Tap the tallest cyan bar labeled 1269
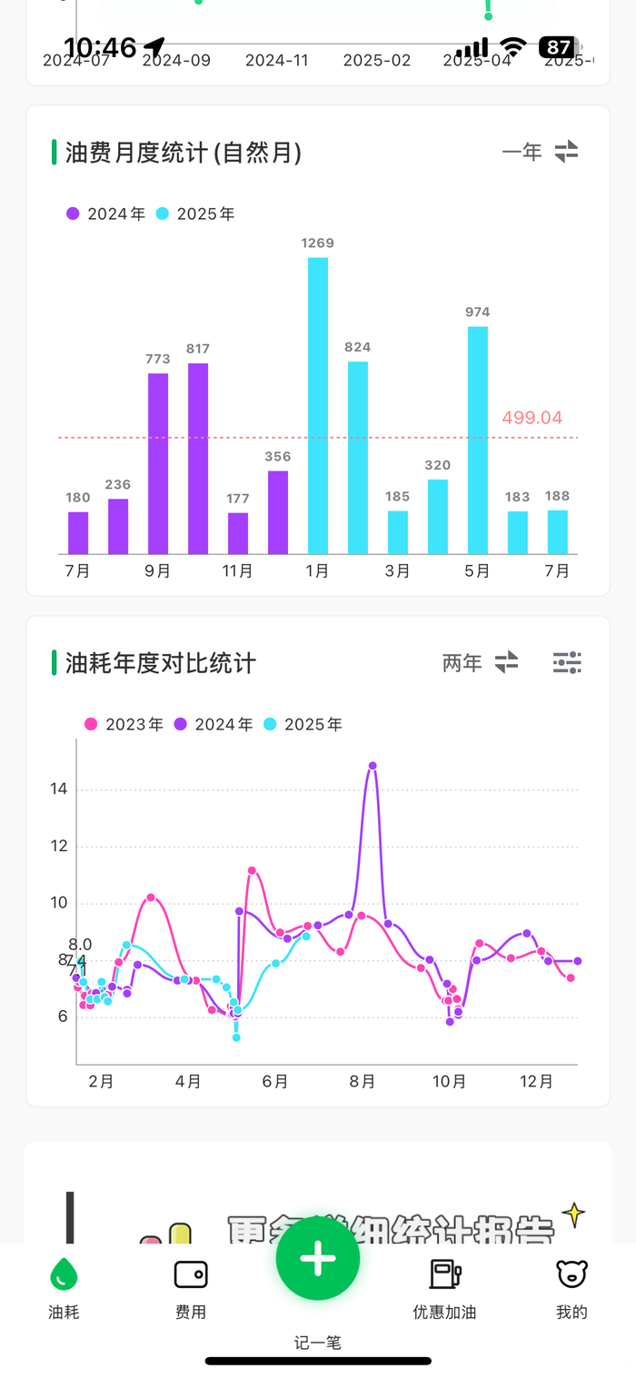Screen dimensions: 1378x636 point(318,405)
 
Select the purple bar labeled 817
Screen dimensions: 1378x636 point(198,459)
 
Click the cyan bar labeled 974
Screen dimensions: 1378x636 point(478,440)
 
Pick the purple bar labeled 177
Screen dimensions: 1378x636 point(238,533)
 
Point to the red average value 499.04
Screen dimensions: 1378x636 point(532,418)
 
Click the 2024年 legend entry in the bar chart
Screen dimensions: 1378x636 point(105,214)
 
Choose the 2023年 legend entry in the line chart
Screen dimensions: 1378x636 point(124,725)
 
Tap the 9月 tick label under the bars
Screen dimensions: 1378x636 point(158,571)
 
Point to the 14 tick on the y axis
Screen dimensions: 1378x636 point(59,789)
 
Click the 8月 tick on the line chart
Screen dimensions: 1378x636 point(363,1082)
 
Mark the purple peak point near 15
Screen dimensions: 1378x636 point(373,766)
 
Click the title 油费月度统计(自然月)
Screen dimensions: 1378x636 point(183,153)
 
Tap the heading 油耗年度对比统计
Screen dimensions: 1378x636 point(161,663)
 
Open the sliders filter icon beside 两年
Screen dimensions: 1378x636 point(567,663)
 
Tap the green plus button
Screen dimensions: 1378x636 point(318,1258)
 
